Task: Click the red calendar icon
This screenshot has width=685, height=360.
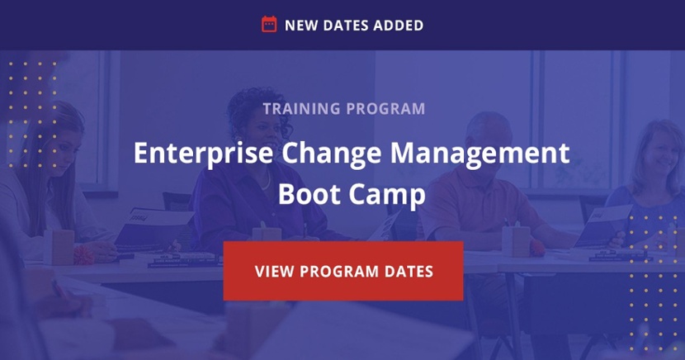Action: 269,24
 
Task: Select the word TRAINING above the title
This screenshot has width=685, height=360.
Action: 301,108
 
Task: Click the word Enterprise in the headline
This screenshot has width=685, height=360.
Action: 203,154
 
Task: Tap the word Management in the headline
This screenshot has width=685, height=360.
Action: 479,154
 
